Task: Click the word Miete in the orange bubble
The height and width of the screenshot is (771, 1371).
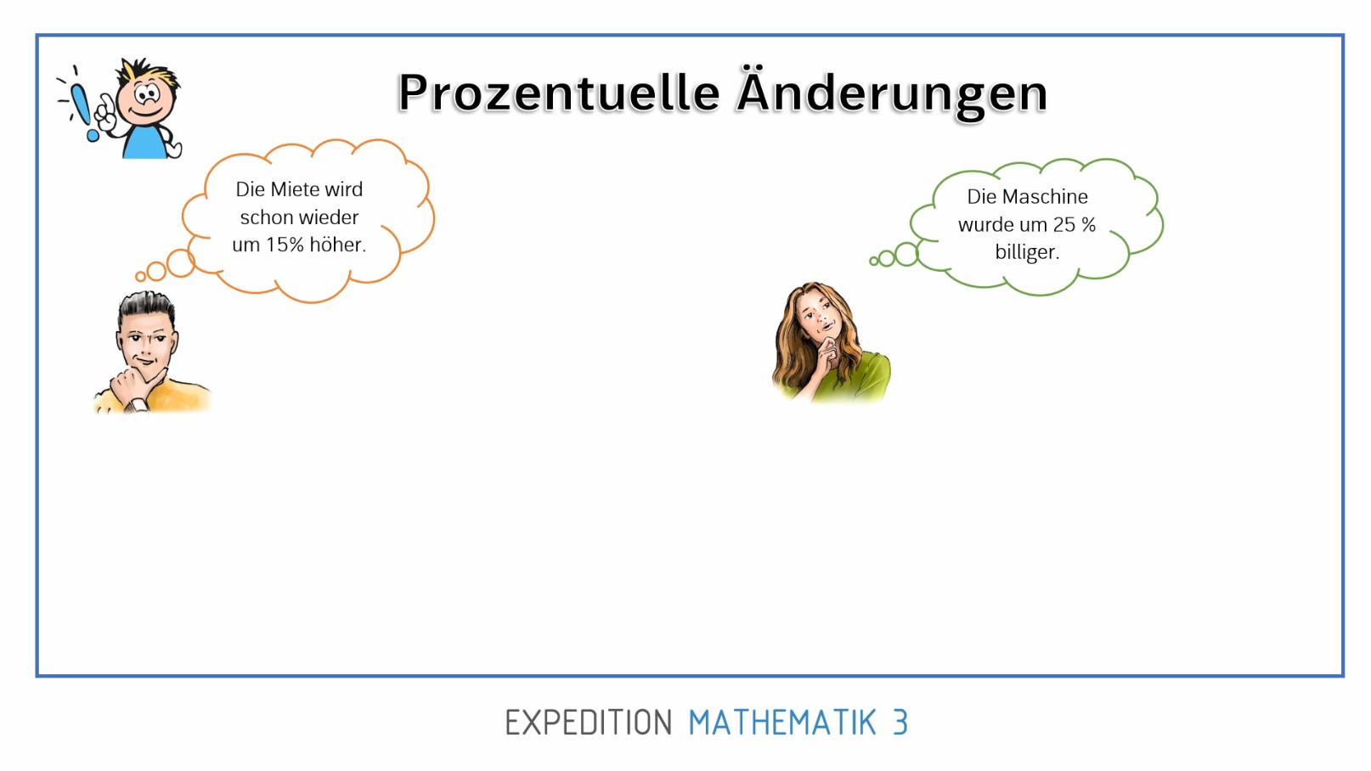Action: point(295,189)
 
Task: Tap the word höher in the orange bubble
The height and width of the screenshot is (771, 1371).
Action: point(338,245)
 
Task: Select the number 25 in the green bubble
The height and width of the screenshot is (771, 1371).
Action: point(1064,224)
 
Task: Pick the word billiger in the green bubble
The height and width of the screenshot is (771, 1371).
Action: point(1027,252)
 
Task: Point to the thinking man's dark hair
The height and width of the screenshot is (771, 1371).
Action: point(146,309)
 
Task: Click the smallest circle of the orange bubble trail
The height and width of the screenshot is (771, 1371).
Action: point(141,277)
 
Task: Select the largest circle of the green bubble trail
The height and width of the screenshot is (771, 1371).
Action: point(906,254)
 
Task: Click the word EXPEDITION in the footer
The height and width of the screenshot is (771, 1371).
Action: point(588,723)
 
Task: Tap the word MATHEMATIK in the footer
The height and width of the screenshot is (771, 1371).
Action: point(782,723)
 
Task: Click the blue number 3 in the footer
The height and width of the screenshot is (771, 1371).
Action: point(900,723)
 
